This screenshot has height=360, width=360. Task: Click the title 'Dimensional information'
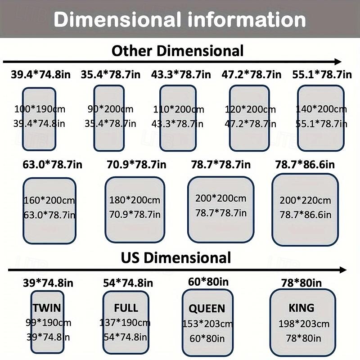(x=180, y=20)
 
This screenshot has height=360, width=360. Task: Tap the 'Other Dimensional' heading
(x=177, y=50)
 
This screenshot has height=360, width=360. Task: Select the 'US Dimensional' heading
(x=175, y=258)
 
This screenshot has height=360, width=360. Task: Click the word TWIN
(x=47, y=308)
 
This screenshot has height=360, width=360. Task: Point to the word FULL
(x=126, y=308)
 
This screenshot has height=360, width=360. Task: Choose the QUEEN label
(x=207, y=309)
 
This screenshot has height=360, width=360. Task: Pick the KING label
(x=301, y=308)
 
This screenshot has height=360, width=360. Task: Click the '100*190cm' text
(x=39, y=109)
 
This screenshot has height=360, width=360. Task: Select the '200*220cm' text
(x=305, y=201)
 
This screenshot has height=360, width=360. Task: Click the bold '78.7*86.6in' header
(x=305, y=165)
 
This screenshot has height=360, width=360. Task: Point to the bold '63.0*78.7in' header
(x=49, y=165)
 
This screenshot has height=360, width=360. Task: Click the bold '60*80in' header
(x=208, y=282)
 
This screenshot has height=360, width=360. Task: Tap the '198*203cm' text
(x=303, y=324)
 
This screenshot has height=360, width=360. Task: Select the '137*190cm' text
(x=125, y=323)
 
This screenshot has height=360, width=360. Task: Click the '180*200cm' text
(x=135, y=200)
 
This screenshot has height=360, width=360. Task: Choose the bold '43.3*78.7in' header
(x=181, y=74)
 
